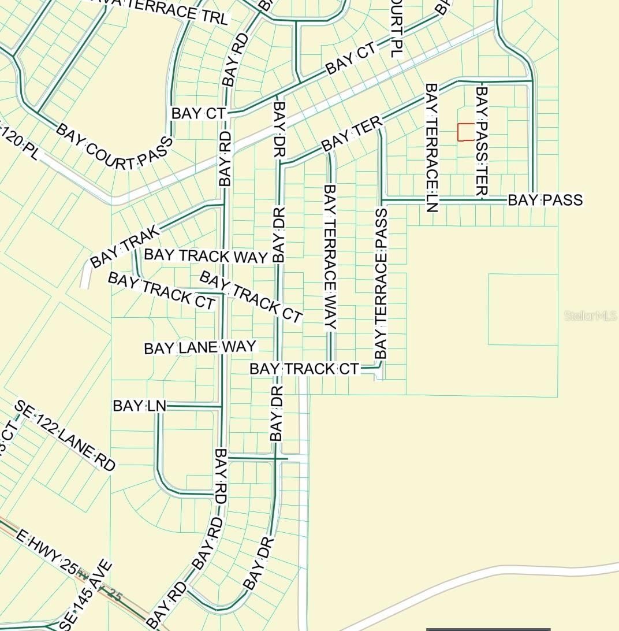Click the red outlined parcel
466,132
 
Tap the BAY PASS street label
545,200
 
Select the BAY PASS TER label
481,141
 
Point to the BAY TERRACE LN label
432,148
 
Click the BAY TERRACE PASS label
381,284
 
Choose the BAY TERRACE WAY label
330,257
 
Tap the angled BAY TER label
352,134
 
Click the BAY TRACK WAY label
206,256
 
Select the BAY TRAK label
124,247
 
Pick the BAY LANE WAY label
200,347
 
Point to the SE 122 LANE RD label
65,435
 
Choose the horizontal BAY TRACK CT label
304,369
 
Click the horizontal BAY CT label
197,113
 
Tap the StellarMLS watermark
590,316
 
